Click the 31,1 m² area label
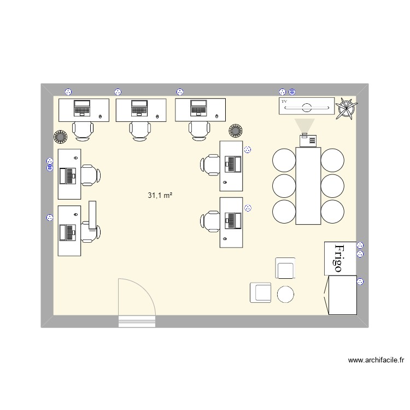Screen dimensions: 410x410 pyautogui.click(x=160, y=195)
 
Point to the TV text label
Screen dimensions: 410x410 pyautogui.click(x=284, y=101)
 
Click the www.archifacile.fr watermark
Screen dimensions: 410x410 pyautogui.click(x=376, y=360)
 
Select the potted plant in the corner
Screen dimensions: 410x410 pyautogui.click(x=346, y=108)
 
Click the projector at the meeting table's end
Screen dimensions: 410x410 pyautogui.click(x=308, y=140)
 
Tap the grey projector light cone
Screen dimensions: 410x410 pyautogui.click(x=304, y=126)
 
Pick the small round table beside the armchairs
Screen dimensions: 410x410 pyautogui.click(x=285, y=294)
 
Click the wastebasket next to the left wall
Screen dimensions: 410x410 pyautogui.click(x=60, y=137)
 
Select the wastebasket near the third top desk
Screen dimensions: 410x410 pyautogui.click(x=235, y=131)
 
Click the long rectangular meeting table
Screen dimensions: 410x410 pyautogui.click(x=308, y=186)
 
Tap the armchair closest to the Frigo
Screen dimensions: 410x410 pyautogui.click(x=285, y=268)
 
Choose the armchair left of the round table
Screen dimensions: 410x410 pyautogui.click(x=260, y=292)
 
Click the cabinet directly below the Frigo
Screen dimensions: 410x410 pyautogui.click(x=342, y=295)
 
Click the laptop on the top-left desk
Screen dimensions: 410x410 pyautogui.click(x=82, y=108)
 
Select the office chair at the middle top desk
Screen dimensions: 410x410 pyautogui.click(x=140, y=131)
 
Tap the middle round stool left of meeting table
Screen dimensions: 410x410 pyautogui.click(x=284, y=186)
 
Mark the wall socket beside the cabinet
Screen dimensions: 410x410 pyautogui.click(x=360, y=282)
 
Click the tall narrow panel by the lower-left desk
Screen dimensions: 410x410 pyautogui.click(x=92, y=215)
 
